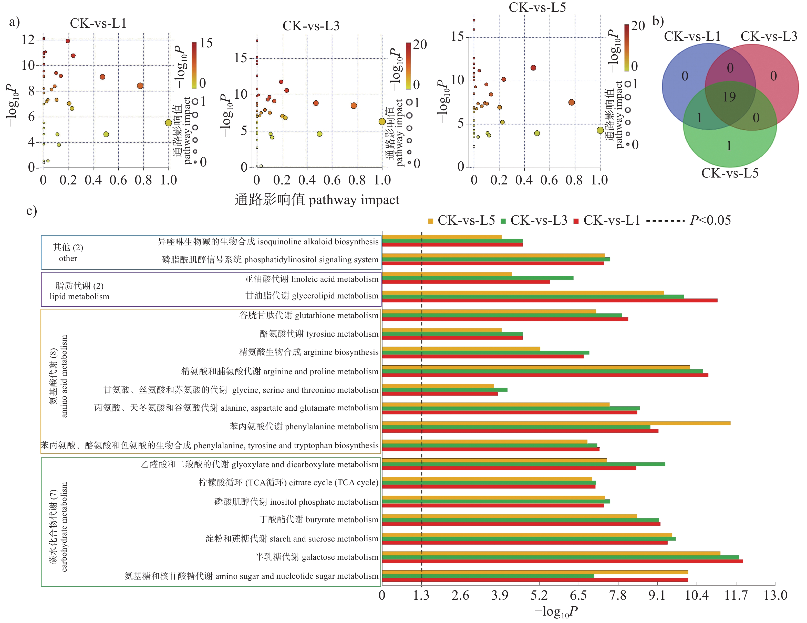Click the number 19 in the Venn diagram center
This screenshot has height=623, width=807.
[729, 97]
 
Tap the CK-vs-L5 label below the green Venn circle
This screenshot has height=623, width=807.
[730, 173]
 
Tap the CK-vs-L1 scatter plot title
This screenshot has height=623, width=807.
[98, 23]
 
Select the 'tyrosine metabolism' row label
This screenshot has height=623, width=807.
[319, 334]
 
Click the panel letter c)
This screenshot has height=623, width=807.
[32, 211]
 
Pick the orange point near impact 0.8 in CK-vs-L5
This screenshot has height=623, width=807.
[571, 102]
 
